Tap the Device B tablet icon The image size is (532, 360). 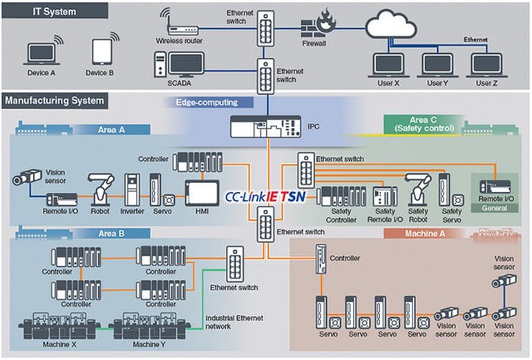tap(102, 52)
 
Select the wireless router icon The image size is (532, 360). tap(179, 28)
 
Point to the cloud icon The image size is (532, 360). tap(391, 26)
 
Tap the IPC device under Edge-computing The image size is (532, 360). tap(267, 128)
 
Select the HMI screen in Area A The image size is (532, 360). tap(202, 193)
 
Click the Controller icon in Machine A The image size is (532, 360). tap(321, 260)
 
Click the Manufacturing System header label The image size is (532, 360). tap(55, 101)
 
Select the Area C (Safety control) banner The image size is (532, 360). tap(422, 124)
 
